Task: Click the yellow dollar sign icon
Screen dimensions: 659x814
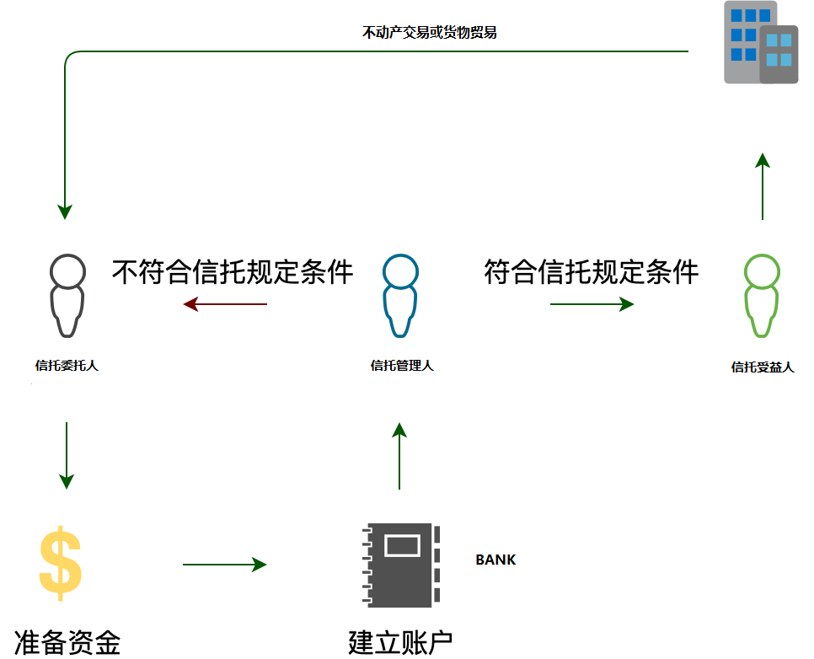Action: pyautogui.click(x=61, y=563)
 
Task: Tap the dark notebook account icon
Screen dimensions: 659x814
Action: pyautogui.click(x=400, y=565)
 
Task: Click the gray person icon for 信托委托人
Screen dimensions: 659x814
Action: pyautogui.click(x=67, y=296)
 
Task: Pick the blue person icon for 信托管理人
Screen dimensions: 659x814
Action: pyautogui.click(x=400, y=296)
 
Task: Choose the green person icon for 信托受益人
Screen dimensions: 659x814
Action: pyautogui.click(x=762, y=296)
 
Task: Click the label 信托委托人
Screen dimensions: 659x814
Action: pyautogui.click(x=67, y=366)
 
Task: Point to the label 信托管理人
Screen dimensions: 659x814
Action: pyautogui.click(x=402, y=366)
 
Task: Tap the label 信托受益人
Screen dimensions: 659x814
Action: pyautogui.click(x=763, y=367)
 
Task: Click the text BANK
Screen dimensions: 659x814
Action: pyautogui.click(x=495, y=560)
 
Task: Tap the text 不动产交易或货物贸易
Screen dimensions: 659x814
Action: pyautogui.click(x=429, y=34)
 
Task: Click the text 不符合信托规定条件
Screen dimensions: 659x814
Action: pyautogui.click(x=233, y=272)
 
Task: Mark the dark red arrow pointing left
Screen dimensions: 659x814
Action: pyautogui.click(x=225, y=304)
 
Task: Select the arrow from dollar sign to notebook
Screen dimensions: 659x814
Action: pyautogui.click(x=224, y=565)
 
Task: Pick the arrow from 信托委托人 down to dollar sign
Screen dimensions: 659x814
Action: pyautogui.click(x=67, y=455)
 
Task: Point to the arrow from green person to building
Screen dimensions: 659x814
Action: pyautogui.click(x=762, y=186)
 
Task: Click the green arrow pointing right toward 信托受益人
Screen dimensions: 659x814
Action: pyautogui.click(x=592, y=304)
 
